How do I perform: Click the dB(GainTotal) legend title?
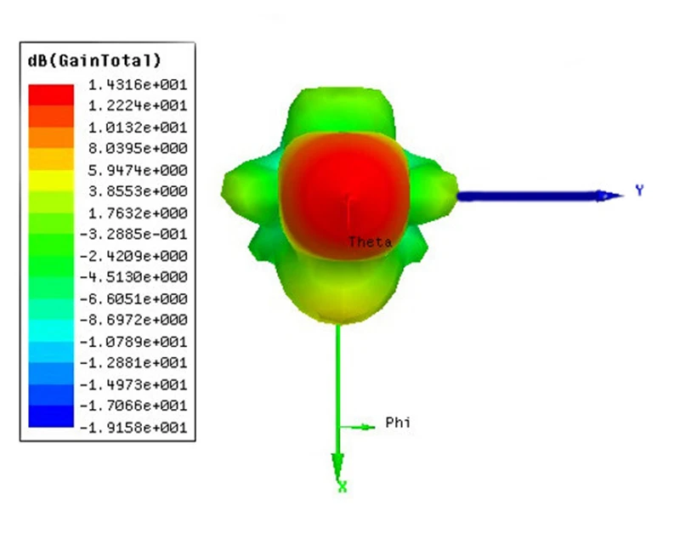pos(94,60)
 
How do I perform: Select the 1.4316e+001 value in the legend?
pos(138,84)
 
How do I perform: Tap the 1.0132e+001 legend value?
pos(138,128)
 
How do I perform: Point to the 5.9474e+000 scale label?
pos(138,170)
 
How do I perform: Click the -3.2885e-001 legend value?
pos(133,234)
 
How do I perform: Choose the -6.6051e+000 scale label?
pos(133,298)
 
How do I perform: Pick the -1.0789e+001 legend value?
pos(133,341)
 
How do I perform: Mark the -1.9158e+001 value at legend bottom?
pos(133,428)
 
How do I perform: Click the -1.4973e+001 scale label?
pos(133,384)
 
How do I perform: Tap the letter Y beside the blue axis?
pos(639,190)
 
